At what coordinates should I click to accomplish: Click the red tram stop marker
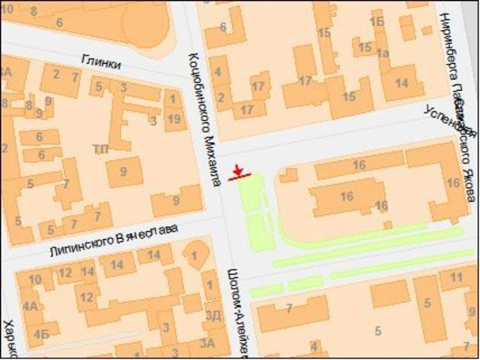click(240, 172)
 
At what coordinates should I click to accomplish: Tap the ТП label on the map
click(102, 149)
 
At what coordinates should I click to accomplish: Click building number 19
click(174, 118)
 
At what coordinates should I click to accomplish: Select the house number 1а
click(382, 53)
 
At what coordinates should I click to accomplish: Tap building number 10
click(35, 279)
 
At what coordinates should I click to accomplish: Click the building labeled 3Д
click(212, 315)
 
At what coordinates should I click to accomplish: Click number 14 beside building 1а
click(402, 84)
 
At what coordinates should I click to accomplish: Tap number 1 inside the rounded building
click(195, 255)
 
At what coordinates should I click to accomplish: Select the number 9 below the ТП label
click(124, 171)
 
